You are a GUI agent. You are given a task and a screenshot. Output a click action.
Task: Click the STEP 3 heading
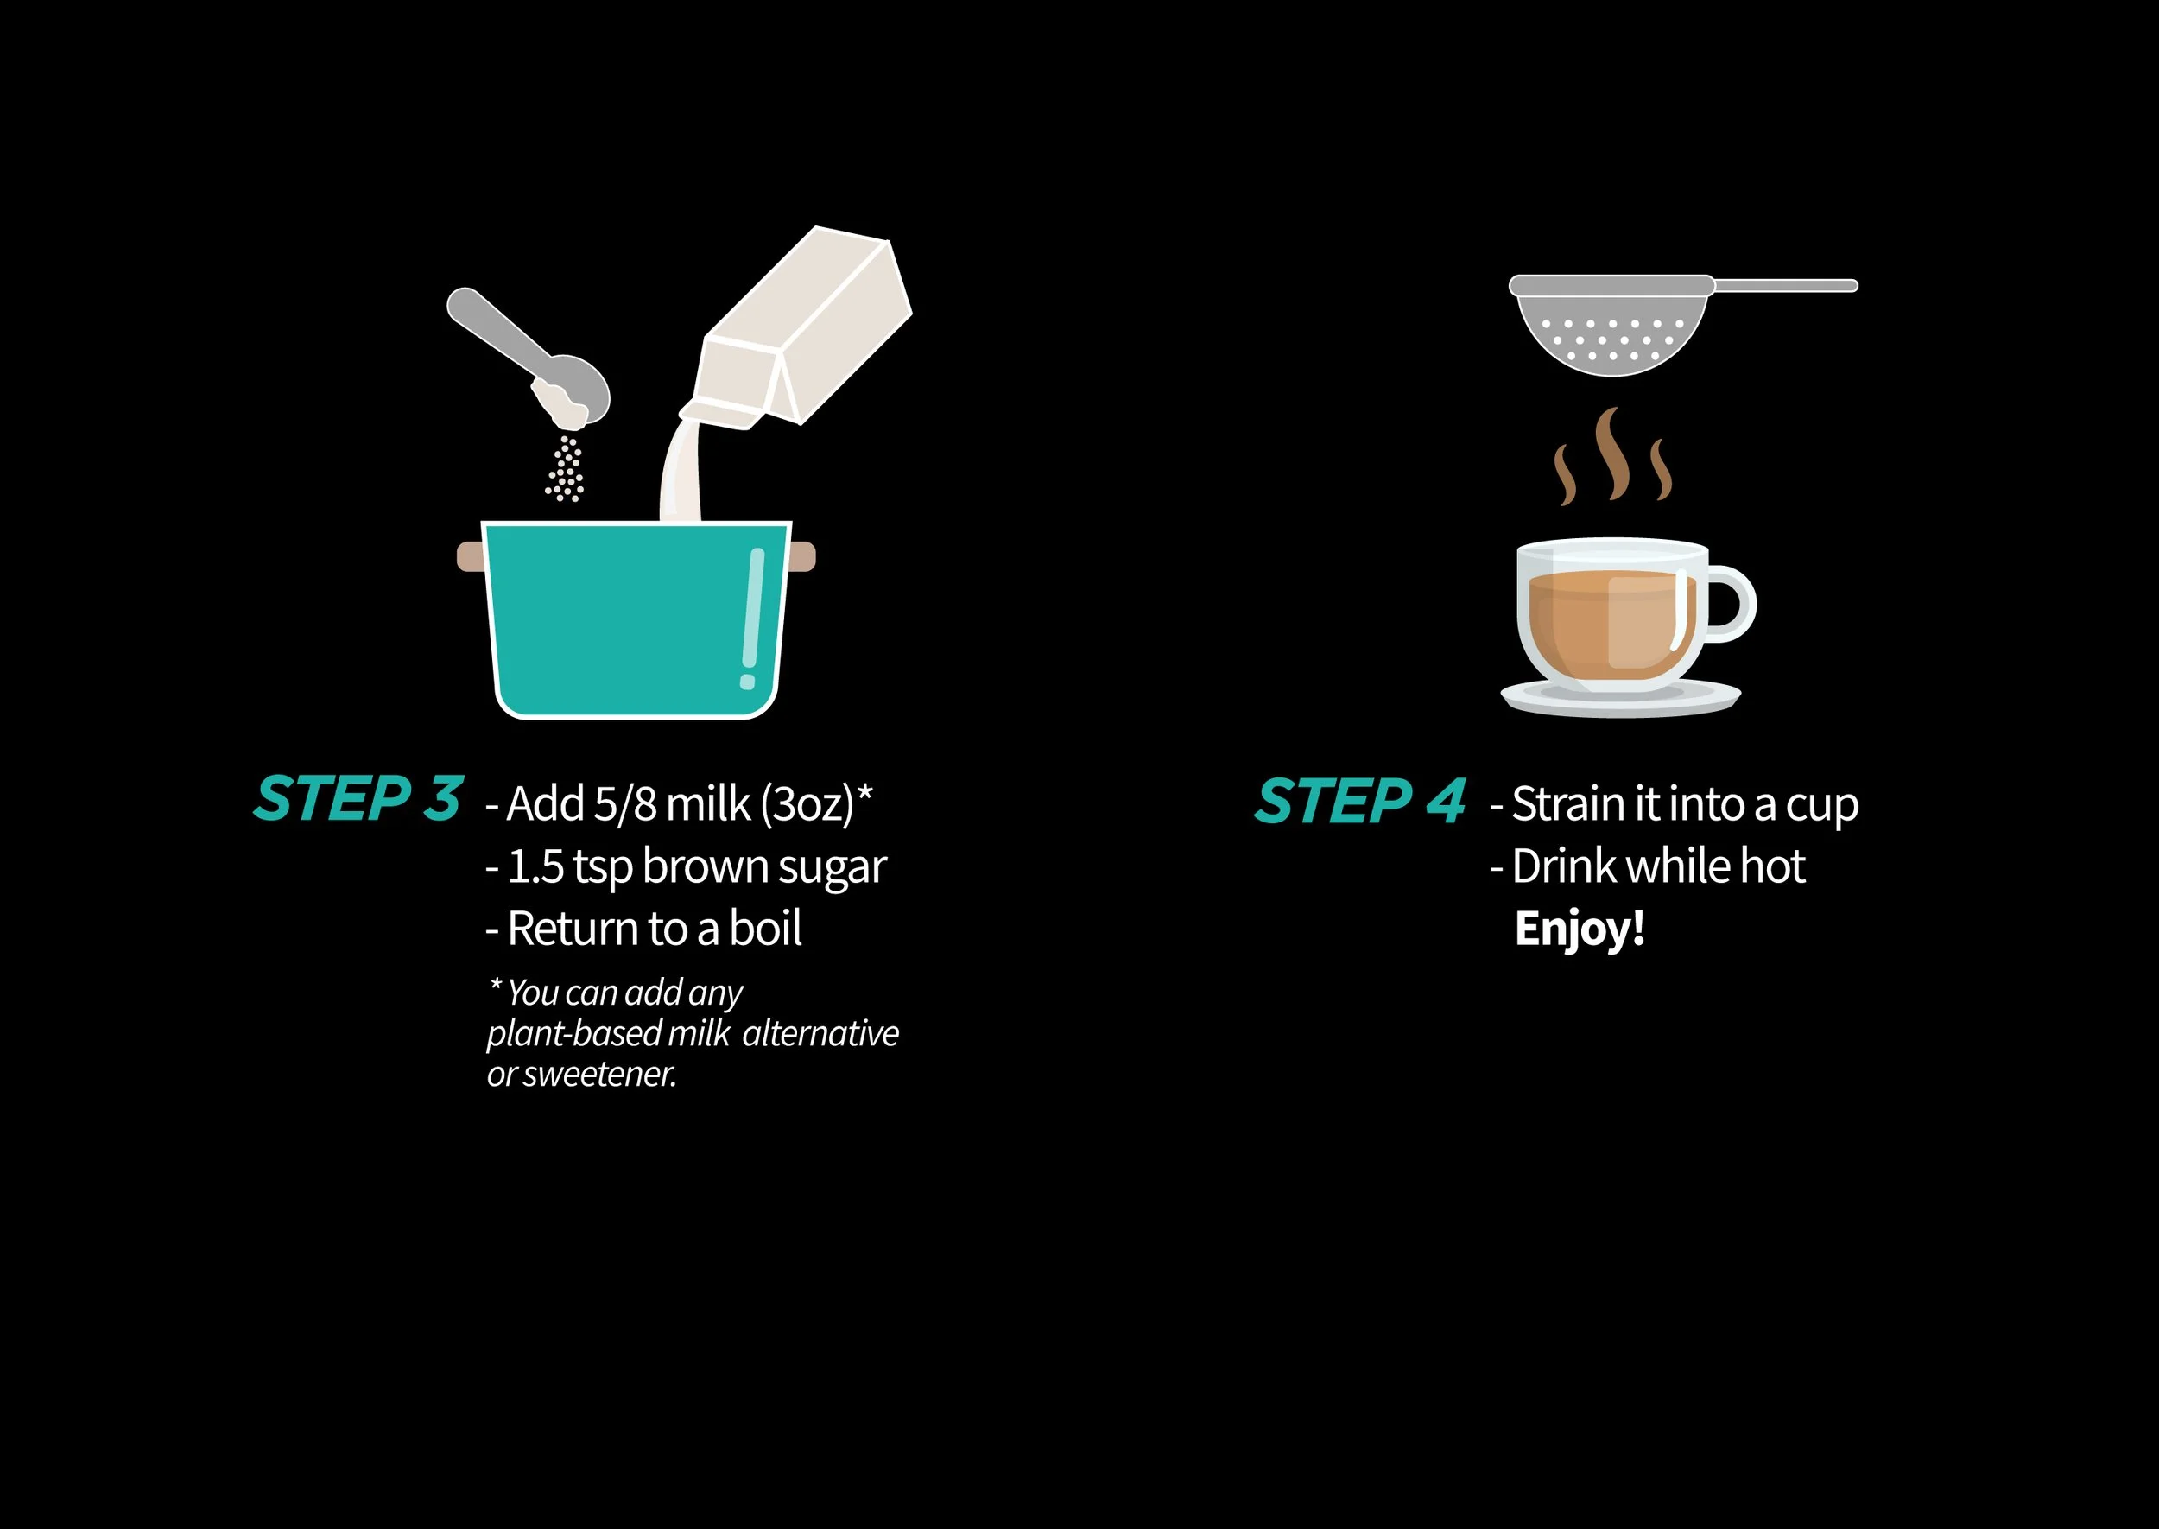[x=358, y=799]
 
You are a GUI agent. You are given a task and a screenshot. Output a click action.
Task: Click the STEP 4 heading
[x=1361, y=802]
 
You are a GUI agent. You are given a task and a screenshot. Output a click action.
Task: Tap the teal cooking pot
[x=637, y=619]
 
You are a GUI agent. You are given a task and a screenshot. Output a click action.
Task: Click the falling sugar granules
[x=566, y=469]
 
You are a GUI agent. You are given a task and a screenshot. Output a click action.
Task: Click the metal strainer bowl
[x=1611, y=325]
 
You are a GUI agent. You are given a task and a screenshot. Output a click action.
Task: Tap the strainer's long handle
[x=1785, y=285]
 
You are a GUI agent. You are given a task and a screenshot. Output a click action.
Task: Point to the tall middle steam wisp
[x=1612, y=453]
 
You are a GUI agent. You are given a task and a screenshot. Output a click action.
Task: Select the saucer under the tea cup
[x=1621, y=699]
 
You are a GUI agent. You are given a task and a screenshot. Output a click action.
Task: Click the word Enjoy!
[x=1580, y=929]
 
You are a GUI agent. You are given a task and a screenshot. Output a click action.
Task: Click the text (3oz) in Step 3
[x=807, y=805]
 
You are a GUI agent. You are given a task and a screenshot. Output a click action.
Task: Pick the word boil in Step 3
[x=766, y=929]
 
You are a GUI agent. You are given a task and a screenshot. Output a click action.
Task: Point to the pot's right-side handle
[x=803, y=556]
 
